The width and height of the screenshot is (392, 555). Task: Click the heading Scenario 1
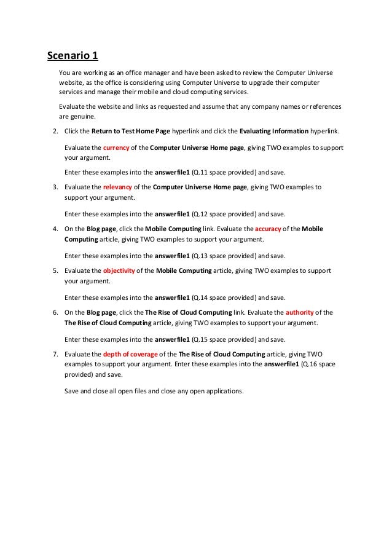[73, 57]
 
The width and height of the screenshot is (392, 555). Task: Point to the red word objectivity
[119, 270]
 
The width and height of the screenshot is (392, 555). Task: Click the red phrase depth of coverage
[130, 355]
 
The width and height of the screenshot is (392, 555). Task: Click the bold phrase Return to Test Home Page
[130, 132]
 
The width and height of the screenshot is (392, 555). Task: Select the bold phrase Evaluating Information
[273, 132]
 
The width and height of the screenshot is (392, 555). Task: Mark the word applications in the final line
[225, 390]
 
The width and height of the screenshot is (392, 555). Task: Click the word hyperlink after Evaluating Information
[328, 132]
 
